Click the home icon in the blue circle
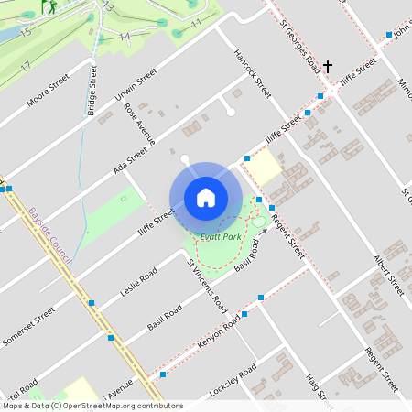pyautogui.click(x=206, y=198)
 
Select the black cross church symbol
pyautogui.click(x=328, y=67)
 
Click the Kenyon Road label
pyautogui.click(x=219, y=332)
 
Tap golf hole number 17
pyautogui.click(x=26, y=66)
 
